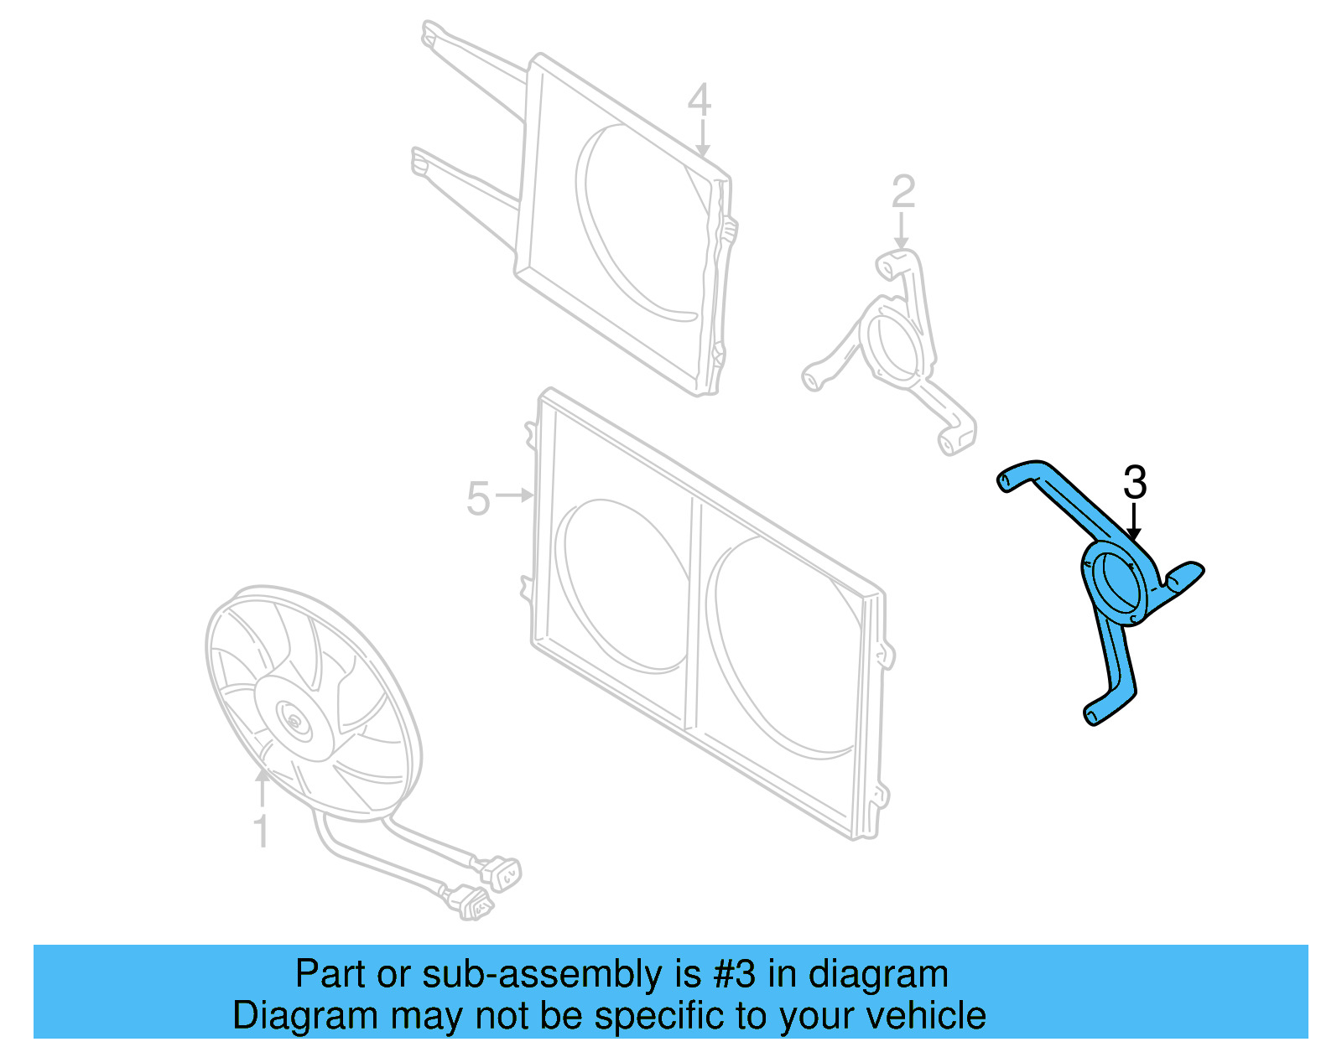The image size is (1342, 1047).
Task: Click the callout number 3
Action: pos(1134,484)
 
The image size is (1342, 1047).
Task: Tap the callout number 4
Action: pos(699,101)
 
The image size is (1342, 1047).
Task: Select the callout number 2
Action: pos(902,193)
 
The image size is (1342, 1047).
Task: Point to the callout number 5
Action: pos(478,500)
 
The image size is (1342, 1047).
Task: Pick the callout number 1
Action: pos(262,831)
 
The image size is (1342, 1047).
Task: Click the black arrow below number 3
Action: pos(1134,521)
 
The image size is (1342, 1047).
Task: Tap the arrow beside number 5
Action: pos(515,495)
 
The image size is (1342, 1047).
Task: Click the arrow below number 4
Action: pos(702,138)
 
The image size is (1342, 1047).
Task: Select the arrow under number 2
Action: pos(902,231)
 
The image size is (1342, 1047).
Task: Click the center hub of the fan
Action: pos(295,721)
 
